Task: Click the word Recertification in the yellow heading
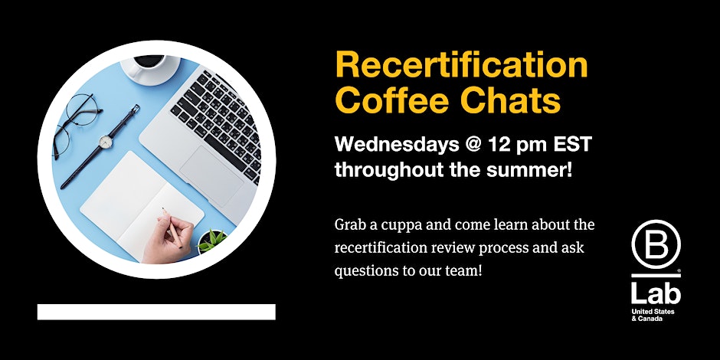pos(461,65)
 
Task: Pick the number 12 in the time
pos(499,144)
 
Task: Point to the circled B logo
pos(656,244)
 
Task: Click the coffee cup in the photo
pos(150,68)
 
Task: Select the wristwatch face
pos(106,142)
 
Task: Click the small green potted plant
pos(212,241)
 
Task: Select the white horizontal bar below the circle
pos(156,312)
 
